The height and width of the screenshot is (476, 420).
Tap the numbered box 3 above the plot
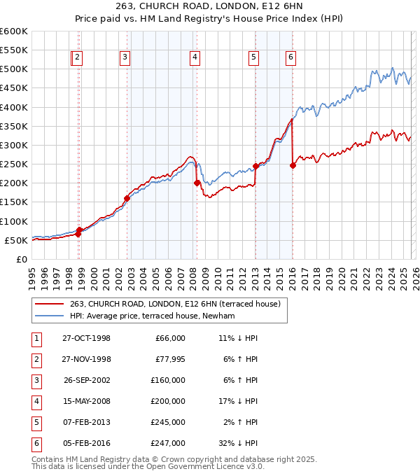[x=125, y=58]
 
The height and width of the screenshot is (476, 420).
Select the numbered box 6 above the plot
[x=290, y=58]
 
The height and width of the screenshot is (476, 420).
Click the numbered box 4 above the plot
[x=195, y=58]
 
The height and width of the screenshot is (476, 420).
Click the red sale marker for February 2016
[x=292, y=165]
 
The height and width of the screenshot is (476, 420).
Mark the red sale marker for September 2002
[x=127, y=198]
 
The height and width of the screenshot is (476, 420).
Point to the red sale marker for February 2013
[x=255, y=166]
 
